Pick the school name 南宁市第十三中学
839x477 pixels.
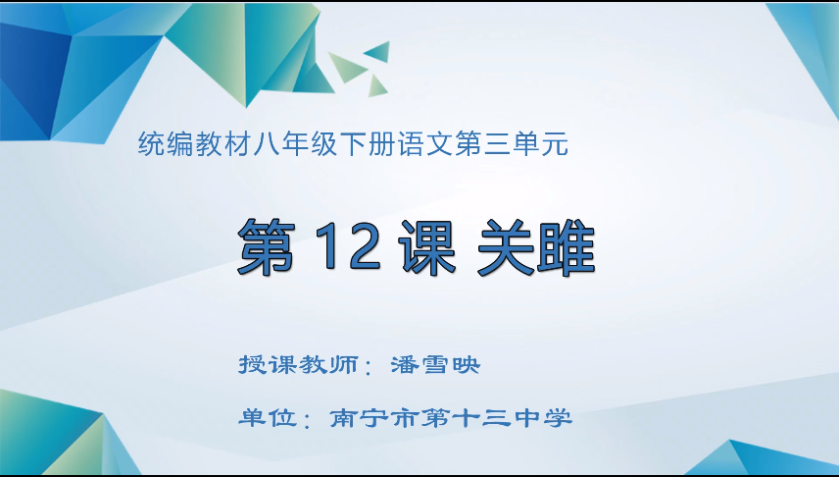point(450,419)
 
